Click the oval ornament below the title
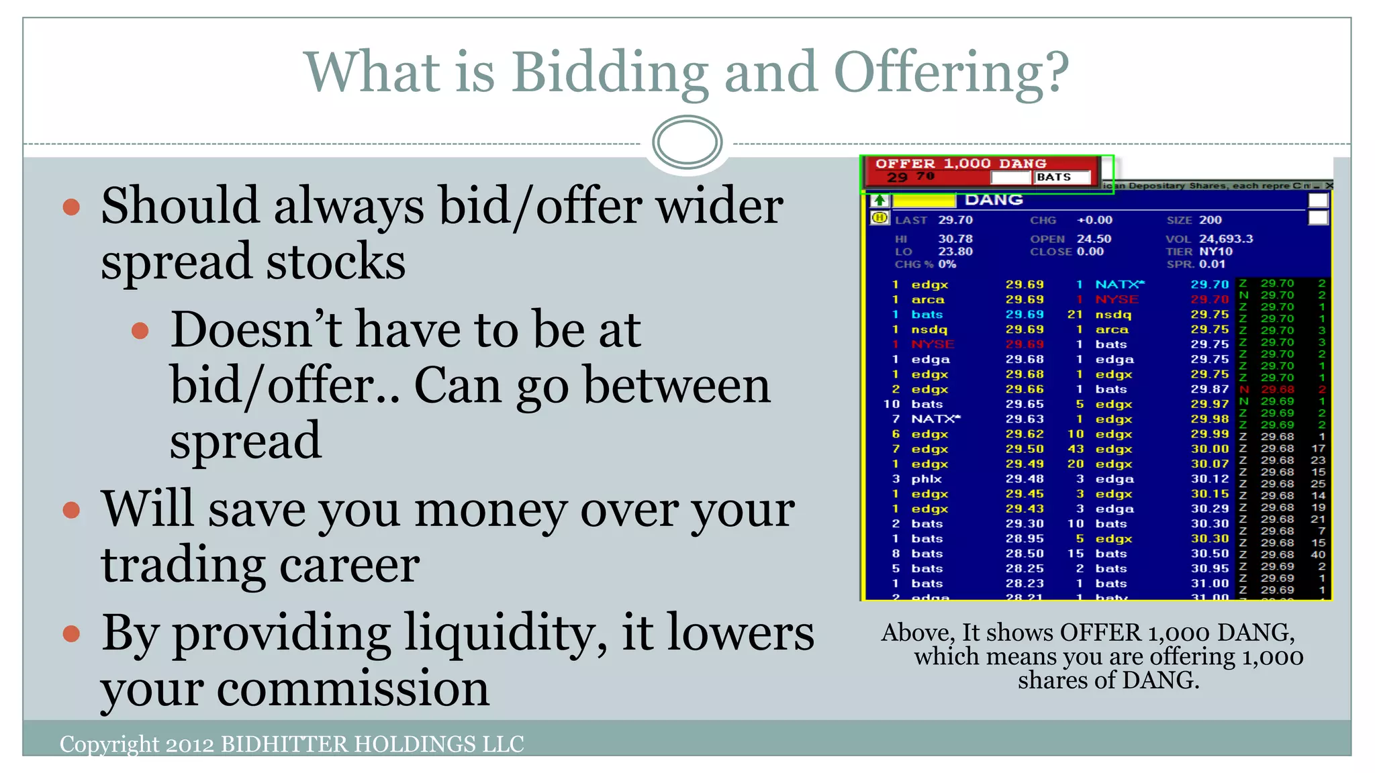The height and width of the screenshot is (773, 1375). point(687,142)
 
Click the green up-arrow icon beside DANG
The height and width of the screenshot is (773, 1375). point(880,200)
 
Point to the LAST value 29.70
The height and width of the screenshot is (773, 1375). point(955,220)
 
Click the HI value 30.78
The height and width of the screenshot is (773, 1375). point(955,239)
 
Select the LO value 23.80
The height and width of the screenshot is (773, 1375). point(955,252)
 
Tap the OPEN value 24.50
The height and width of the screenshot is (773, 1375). point(1094,239)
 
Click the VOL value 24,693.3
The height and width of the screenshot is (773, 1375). point(1226,239)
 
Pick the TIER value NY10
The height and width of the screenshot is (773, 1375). point(1216,252)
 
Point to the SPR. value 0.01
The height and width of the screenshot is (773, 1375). point(1212,264)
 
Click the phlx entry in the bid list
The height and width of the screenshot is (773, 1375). point(926,479)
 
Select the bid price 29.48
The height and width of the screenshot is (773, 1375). point(1025,479)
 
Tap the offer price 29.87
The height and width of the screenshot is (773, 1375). point(1209,389)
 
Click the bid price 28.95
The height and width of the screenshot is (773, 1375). point(1025,539)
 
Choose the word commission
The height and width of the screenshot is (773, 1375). point(353,689)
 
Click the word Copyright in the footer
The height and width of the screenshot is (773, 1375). point(109,744)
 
